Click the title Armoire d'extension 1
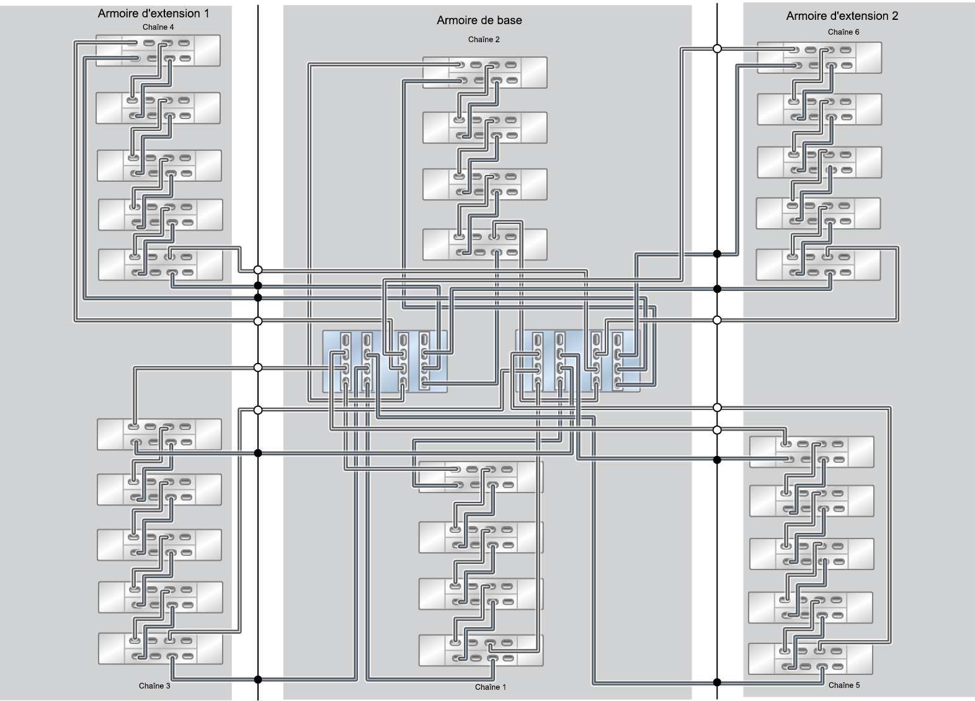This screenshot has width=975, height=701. click(153, 14)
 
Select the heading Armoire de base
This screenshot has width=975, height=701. click(479, 20)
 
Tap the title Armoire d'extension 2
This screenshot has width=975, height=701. click(842, 16)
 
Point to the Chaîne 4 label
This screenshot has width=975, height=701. click(158, 27)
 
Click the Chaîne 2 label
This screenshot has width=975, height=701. click(484, 40)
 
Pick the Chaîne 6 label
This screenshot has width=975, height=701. click(843, 32)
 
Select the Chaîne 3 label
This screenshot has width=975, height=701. click(154, 685)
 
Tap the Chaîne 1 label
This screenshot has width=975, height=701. click(490, 687)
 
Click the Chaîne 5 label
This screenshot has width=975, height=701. click(844, 685)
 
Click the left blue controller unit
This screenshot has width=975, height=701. click(385, 362)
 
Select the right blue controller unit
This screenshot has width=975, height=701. click(577, 361)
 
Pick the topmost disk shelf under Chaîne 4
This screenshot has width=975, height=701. click(158, 50)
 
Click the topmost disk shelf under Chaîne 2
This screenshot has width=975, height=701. click(485, 73)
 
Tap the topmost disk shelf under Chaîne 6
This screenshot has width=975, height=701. click(819, 58)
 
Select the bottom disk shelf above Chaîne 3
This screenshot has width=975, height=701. click(161, 648)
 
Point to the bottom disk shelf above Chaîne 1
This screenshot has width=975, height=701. click(481, 650)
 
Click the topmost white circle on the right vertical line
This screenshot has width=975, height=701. click(718, 49)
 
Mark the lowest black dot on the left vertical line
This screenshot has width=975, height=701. click(257, 679)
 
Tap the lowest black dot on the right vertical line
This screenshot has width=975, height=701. click(718, 682)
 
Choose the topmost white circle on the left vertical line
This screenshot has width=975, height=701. click(257, 270)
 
